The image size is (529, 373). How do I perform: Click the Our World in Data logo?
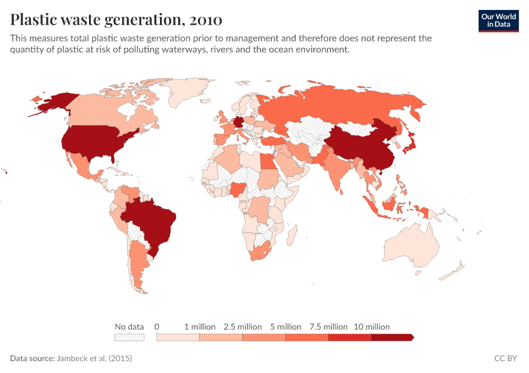point(498,21)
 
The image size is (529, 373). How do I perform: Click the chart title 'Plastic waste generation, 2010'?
point(116,20)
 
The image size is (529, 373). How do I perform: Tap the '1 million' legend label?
point(200,326)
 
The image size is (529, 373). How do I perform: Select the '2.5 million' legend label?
point(242,326)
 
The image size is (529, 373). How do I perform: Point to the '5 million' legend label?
point(285,326)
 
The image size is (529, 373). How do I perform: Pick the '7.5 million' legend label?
point(328,326)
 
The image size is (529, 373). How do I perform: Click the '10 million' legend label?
point(372,326)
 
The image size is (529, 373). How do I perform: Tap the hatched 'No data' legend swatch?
point(129,337)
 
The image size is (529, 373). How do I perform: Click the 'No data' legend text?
point(129,326)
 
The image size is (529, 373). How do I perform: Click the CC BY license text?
point(506,359)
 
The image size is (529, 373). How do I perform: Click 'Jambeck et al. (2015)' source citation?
point(95,359)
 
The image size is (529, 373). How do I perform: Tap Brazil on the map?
point(152,221)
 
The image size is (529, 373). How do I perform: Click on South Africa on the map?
point(264,252)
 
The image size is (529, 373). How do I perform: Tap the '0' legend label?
point(157,326)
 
